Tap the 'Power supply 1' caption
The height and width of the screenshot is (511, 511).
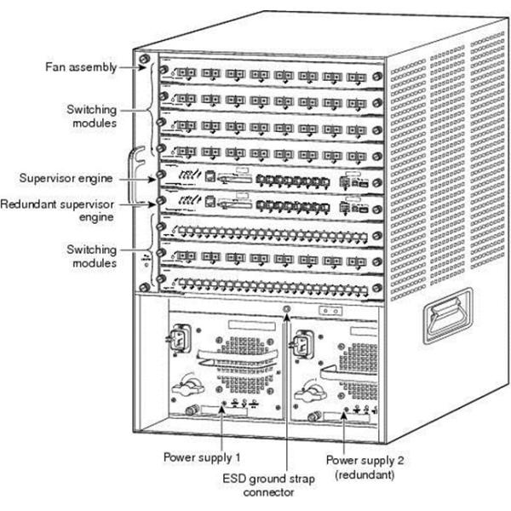click(x=198, y=456)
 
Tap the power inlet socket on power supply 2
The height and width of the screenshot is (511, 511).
click(x=301, y=346)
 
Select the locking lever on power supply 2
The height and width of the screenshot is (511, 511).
click(x=306, y=393)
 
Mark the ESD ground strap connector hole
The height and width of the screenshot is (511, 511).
click(x=287, y=312)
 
